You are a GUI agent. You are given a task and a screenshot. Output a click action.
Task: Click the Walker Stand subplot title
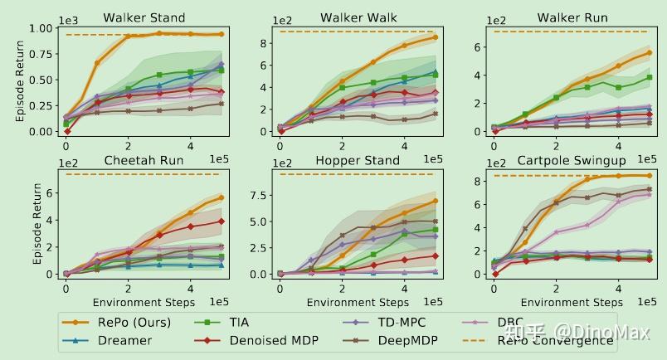(x=144, y=17)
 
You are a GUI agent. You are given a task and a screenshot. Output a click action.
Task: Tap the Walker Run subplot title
(x=572, y=17)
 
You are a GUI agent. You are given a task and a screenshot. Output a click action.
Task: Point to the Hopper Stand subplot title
(x=358, y=160)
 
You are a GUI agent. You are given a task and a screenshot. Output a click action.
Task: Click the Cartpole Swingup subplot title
(x=572, y=160)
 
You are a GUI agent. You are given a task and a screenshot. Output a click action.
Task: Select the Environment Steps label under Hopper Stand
(x=358, y=302)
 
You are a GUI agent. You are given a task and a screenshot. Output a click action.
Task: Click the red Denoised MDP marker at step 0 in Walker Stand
(x=66, y=131)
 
